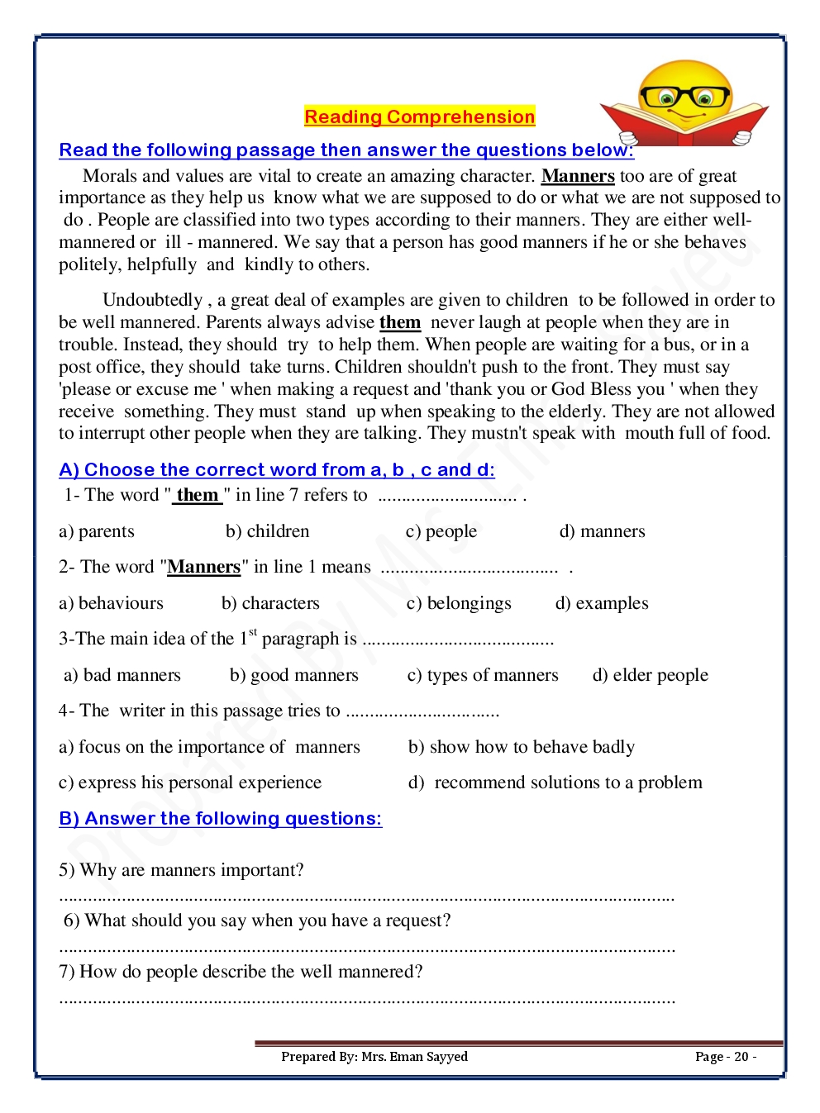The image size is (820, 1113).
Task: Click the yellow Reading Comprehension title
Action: [x=419, y=117]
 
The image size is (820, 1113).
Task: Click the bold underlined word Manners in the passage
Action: [x=578, y=176]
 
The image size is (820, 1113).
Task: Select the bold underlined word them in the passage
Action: [x=400, y=322]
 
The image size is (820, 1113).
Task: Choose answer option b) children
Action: [x=267, y=531]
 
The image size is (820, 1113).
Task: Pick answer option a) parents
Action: [x=97, y=531]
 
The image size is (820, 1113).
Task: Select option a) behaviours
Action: [x=112, y=603]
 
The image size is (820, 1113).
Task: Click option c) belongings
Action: [x=459, y=603]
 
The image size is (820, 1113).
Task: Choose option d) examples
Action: [x=602, y=603]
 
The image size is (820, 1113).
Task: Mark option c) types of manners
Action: [x=483, y=675]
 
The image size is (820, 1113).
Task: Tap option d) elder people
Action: [x=651, y=675]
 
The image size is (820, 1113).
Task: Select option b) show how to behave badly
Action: [x=522, y=747]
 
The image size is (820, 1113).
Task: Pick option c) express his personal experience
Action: [x=190, y=782]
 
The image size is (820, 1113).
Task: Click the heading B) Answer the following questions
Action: [x=221, y=819]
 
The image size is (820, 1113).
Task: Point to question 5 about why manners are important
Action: [x=182, y=870]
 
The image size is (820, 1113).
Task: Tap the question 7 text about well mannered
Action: [x=241, y=972]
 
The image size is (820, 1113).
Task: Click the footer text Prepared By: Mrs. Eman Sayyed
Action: [x=374, y=1057]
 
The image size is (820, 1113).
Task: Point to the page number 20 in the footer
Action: [x=726, y=1057]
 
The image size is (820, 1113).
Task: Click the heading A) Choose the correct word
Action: [x=277, y=470]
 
